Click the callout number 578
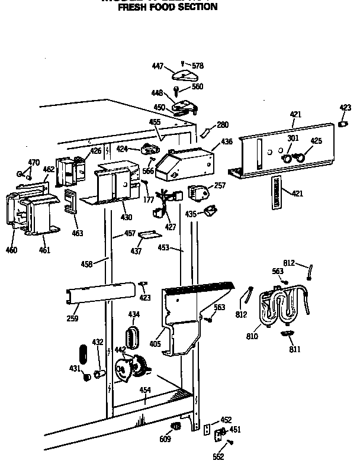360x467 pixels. (197, 66)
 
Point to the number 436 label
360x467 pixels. (226, 142)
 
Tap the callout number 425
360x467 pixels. (316, 141)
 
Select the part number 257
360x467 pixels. (220, 186)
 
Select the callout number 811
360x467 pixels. (294, 349)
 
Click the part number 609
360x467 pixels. (165, 439)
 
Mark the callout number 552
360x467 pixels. (218, 456)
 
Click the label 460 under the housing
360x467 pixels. (12, 250)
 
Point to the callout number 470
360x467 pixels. (33, 162)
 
